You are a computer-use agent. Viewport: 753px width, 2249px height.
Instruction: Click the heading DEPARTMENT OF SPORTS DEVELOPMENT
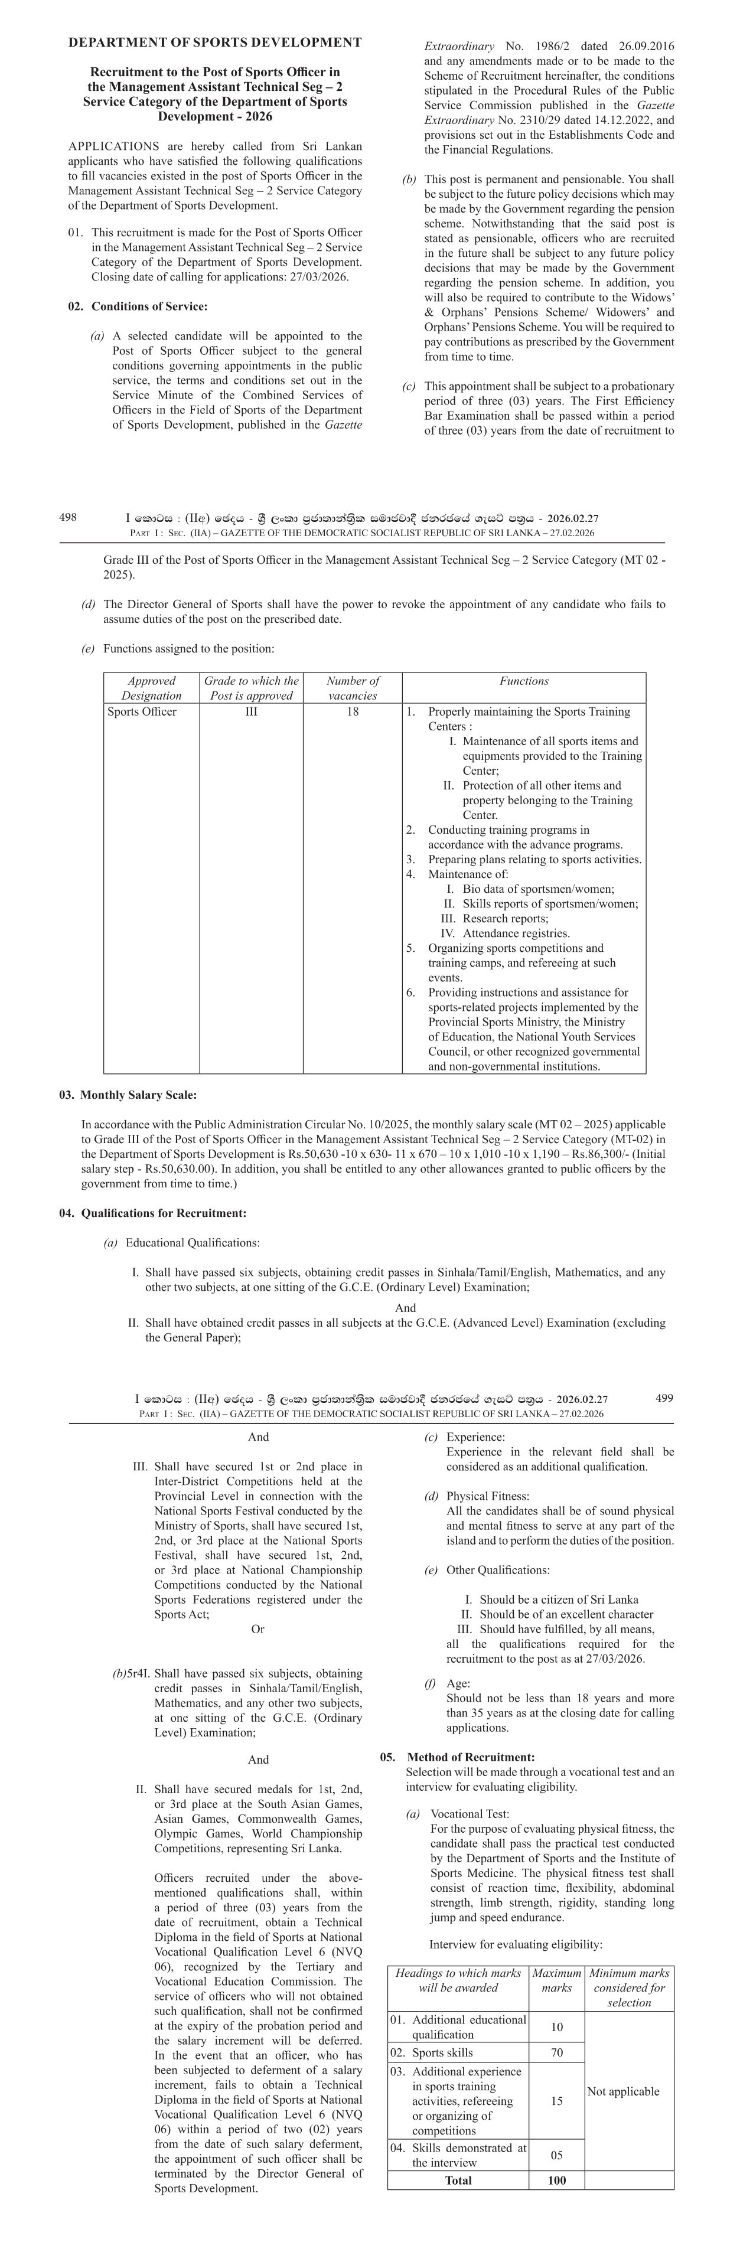coord(215,42)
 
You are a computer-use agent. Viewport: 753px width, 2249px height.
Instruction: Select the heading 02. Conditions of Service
coord(138,306)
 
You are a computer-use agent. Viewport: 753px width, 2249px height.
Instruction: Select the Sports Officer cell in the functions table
coord(142,711)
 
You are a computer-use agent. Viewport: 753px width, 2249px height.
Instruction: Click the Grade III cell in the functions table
coord(251,711)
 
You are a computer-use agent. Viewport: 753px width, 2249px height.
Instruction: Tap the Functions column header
coord(523,681)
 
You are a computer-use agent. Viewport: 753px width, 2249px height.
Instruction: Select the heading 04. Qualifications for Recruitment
coord(153,1213)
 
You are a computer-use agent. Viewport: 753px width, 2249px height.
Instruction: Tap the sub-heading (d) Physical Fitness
coord(477,1496)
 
